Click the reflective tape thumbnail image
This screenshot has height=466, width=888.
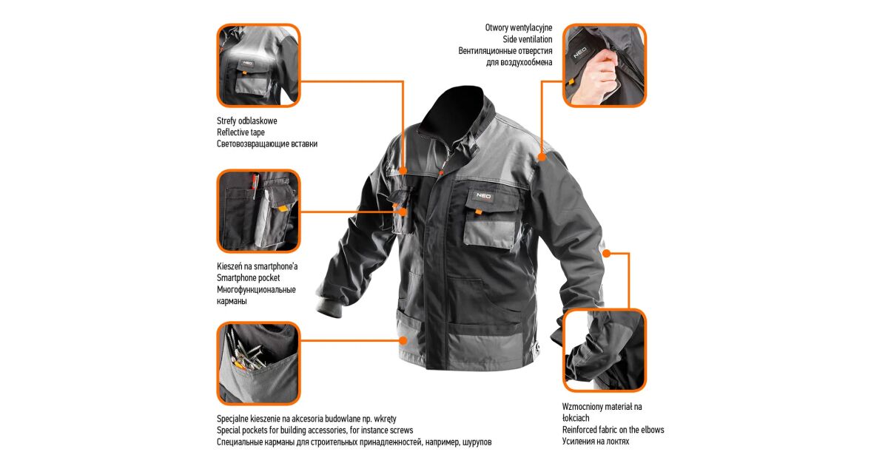click(x=258, y=65)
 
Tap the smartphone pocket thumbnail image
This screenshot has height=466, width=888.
click(x=258, y=212)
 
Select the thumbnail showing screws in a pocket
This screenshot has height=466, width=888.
click(x=258, y=363)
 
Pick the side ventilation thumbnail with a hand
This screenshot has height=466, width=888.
click(x=605, y=65)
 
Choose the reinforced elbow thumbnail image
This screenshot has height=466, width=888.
click(x=605, y=351)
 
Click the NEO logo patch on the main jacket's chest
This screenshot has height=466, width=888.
click(x=482, y=196)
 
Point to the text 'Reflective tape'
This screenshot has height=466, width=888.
click(x=240, y=132)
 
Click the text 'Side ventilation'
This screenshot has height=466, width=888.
click(x=527, y=39)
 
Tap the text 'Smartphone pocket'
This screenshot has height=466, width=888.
click(x=248, y=278)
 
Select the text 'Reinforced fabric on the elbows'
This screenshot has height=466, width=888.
click(x=613, y=430)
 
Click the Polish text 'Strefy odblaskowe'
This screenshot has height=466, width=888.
click(x=246, y=121)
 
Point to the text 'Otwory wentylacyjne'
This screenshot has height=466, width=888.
click(x=519, y=28)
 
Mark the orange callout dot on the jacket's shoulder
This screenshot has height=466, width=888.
click(x=542, y=157)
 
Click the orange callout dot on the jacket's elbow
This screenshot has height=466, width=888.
click(x=606, y=253)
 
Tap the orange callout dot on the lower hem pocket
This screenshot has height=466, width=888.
click(x=403, y=340)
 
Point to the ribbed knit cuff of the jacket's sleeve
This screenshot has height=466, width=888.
click(x=329, y=307)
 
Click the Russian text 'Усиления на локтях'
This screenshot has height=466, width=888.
click(x=596, y=442)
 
